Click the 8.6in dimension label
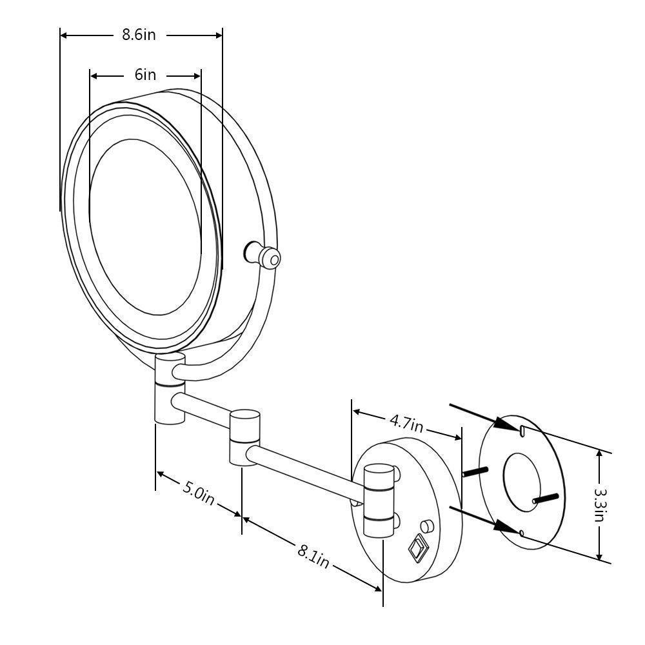click(139, 35)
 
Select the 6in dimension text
click(145, 75)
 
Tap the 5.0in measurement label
click(197, 493)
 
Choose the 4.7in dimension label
click(406, 423)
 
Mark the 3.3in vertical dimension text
click(600, 505)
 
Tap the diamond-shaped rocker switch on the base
click(417, 548)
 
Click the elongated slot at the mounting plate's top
click(521, 430)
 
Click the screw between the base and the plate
click(476, 471)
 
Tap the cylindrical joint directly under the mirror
click(170, 387)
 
